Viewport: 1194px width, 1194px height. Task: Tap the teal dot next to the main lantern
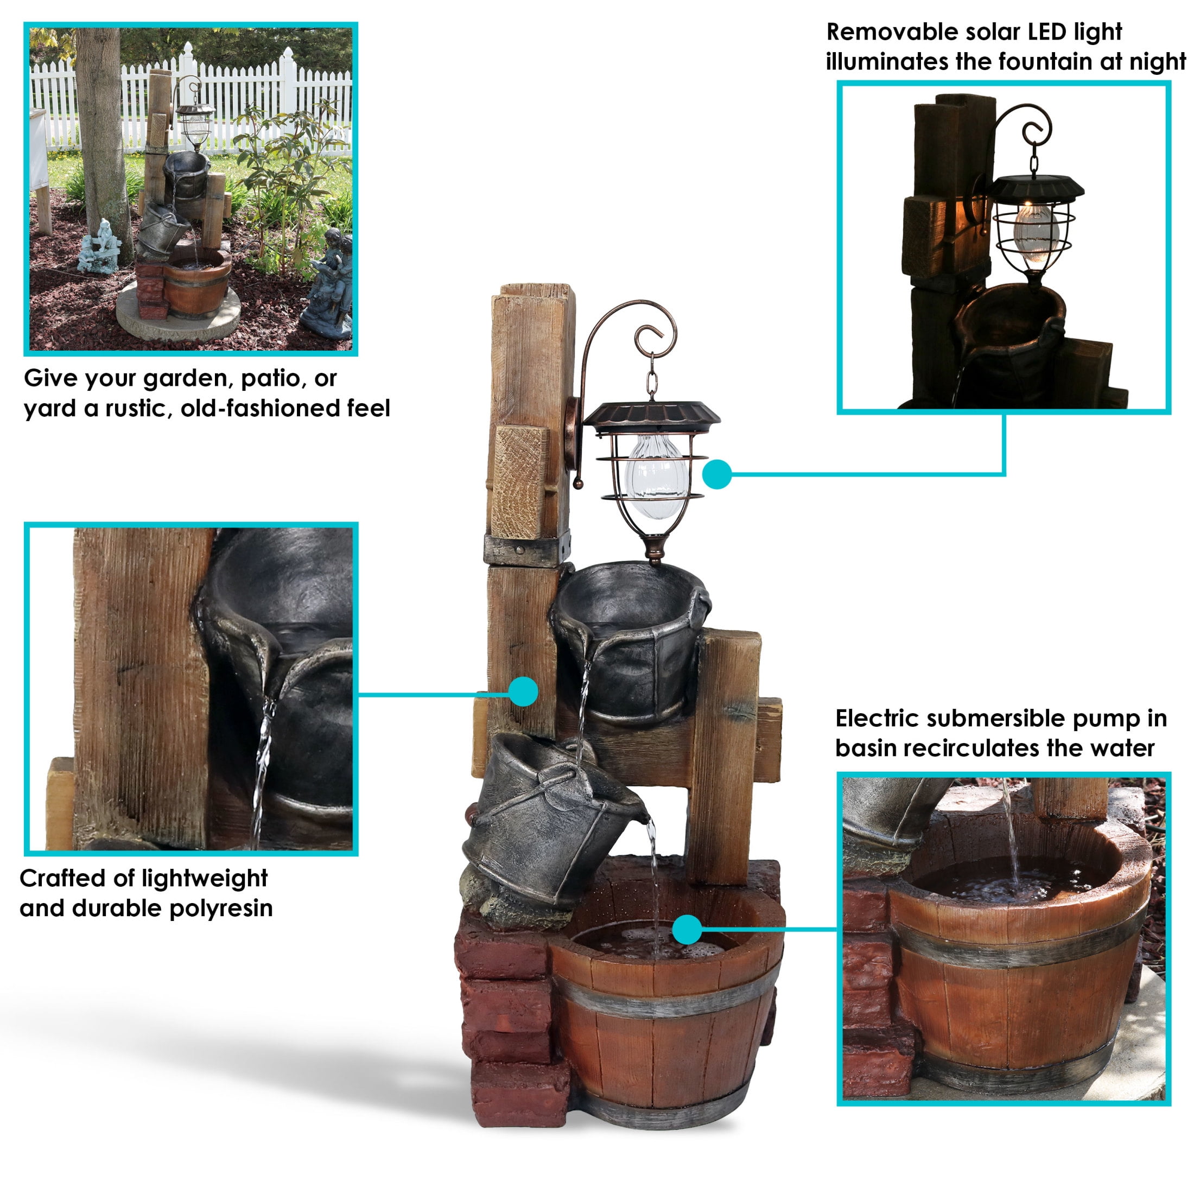[x=717, y=474]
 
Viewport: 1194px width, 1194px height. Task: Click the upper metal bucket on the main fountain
[x=630, y=643]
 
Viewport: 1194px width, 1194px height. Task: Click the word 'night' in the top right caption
[x=1154, y=62]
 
